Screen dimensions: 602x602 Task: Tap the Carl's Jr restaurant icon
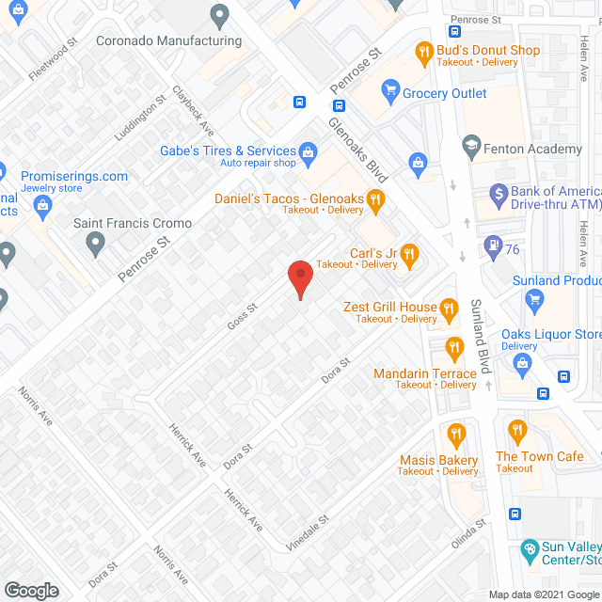408,253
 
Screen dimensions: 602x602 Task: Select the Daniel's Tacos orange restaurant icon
375,198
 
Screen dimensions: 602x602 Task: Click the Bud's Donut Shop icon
423,51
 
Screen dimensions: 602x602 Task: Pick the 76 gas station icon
491,246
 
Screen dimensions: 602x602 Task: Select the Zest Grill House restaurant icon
450,307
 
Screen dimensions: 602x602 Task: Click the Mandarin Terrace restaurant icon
454,349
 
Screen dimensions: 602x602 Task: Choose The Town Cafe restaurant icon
515,432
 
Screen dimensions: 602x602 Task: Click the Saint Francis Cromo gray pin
94,245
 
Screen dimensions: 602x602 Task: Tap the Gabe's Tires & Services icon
308,150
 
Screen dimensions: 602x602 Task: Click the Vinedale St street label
310,531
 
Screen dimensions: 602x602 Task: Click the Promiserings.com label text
73,176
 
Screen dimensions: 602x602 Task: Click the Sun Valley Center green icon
530,548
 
